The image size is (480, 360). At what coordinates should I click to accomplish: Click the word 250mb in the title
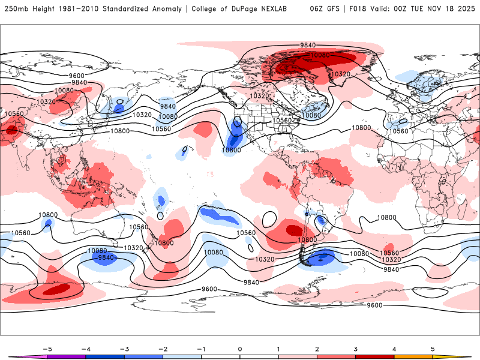[x=16, y=9]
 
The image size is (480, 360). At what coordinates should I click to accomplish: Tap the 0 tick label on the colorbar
[x=240, y=349]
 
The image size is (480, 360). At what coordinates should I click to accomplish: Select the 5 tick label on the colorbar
[x=433, y=349]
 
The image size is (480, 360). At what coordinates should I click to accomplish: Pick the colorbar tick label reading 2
[x=317, y=349]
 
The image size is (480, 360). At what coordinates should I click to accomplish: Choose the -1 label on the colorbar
[x=200, y=349]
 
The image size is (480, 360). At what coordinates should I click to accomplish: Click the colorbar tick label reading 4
[x=394, y=349]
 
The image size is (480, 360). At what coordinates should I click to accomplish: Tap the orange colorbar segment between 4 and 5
[x=413, y=356]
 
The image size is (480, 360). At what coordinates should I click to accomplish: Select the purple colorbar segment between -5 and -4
[x=66, y=356]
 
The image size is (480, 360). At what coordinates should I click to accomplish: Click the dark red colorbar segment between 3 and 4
[x=375, y=356]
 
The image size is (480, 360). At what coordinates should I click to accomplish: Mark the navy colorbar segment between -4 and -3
[x=104, y=356]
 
